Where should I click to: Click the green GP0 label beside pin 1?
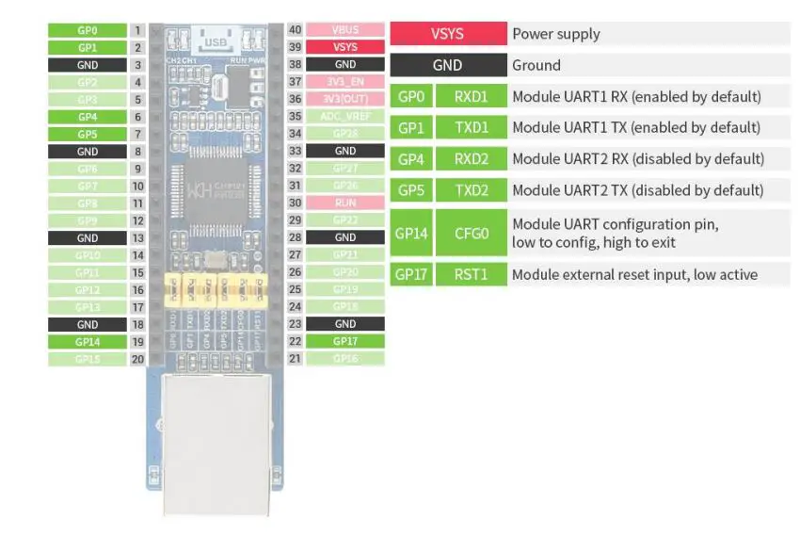87,30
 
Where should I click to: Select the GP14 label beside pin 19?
87,342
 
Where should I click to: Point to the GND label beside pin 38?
345,65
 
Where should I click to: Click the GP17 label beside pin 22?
345,341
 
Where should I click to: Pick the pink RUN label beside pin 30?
345,203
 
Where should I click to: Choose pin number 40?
295,30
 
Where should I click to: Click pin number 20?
138,359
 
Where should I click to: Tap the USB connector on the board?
215,42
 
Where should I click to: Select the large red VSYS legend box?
447,34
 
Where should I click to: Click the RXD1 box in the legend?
471,96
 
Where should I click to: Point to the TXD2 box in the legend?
471,190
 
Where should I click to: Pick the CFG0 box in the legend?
471,233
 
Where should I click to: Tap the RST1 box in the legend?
471,275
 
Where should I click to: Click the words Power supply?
555,34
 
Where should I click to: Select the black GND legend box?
447,65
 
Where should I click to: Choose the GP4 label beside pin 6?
87,117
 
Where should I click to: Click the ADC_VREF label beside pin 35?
345,117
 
